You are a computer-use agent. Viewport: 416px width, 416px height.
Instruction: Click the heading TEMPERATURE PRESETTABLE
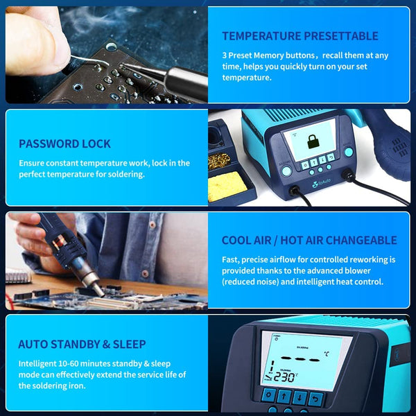click(x=300, y=36)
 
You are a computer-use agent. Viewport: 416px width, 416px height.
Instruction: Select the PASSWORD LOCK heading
click(x=64, y=144)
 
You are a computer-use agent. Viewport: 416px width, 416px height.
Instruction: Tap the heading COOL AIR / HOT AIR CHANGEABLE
click(x=309, y=241)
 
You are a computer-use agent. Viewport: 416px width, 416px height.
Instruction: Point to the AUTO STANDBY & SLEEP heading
click(x=82, y=344)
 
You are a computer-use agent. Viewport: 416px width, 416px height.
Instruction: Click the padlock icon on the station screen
click(x=309, y=141)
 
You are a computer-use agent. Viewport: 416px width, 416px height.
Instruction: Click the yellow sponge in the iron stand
click(x=225, y=185)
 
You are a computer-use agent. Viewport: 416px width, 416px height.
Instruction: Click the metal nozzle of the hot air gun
click(x=91, y=281)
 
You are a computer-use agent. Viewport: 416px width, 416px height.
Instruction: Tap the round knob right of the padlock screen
click(x=347, y=153)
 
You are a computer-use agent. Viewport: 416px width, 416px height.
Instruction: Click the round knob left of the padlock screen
click(x=286, y=171)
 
